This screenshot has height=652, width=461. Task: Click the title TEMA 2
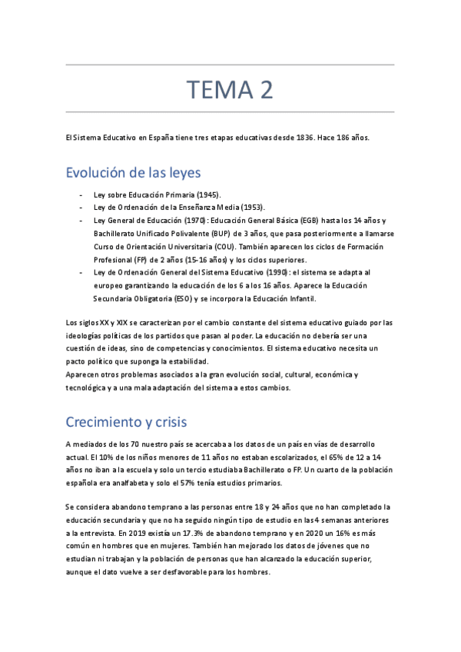click(x=230, y=90)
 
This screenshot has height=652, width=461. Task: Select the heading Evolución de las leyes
click(x=133, y=171)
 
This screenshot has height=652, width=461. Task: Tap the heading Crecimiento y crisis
click(x=126, y=422)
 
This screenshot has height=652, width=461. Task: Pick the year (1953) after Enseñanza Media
click(x=251, y=208)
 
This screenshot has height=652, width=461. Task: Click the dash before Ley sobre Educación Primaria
click(x=81, y=195)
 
